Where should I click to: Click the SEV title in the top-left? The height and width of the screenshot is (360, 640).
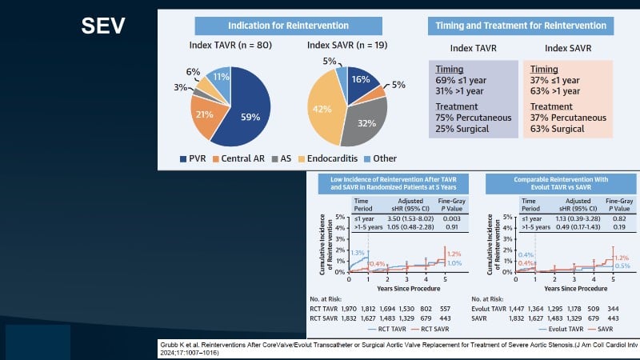click(x=103, y=26)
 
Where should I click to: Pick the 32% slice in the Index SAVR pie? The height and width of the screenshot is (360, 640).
click(x=367, y=123)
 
